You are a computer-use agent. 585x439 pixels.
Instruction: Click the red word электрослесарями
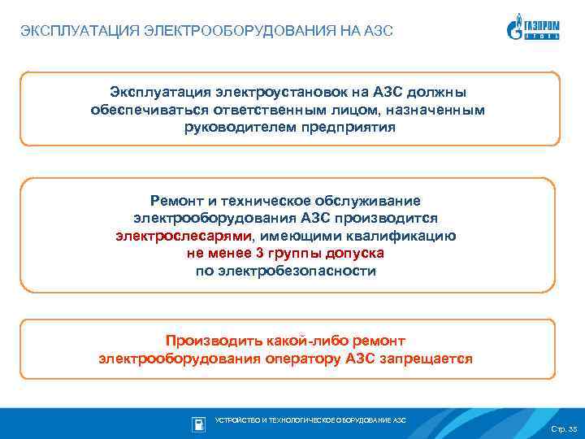point(183,236)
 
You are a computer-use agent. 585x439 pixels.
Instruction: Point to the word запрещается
point(424,359)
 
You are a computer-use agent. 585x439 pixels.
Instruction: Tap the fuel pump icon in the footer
point(198,423)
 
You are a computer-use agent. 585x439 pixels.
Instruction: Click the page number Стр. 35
point(562,428)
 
